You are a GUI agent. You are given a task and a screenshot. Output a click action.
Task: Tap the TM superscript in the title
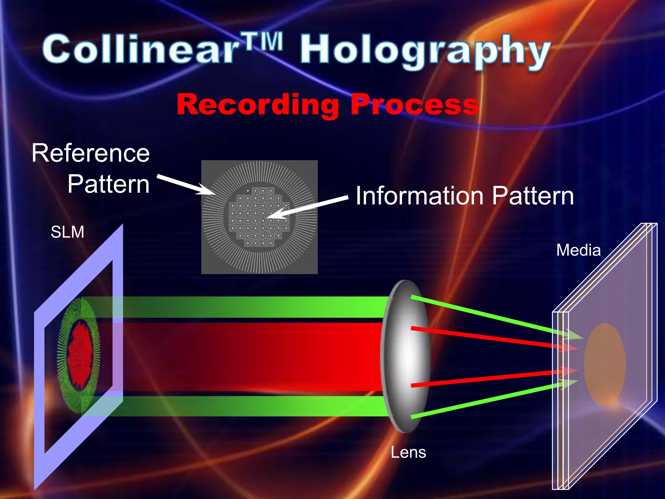pyautogui.click(x=263, y=42)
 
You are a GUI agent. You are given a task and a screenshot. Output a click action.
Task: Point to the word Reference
pyautogui.click(x=91, y=153)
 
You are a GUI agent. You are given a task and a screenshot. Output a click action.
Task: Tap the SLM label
pyautogui.click(x=68, y=232)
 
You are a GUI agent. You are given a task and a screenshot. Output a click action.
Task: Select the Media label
pyautogui.click(x=578, y=250)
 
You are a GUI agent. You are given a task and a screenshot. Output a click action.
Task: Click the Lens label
pyautogui.click(x=408, y=453)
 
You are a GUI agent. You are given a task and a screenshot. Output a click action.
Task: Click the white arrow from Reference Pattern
pyautogui.click(x=185, y=185)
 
